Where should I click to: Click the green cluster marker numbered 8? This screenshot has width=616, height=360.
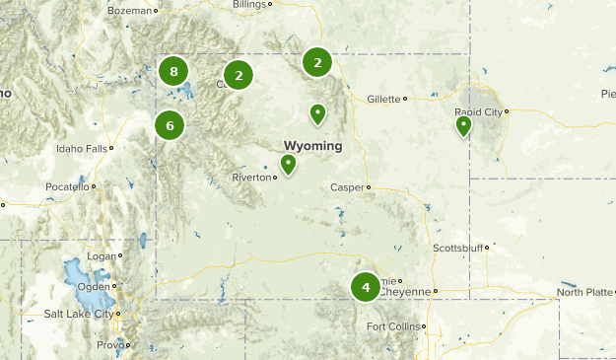point(173,71)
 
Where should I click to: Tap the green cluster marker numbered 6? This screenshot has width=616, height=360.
point(170,125)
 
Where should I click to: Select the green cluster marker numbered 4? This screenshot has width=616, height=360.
point(366,287)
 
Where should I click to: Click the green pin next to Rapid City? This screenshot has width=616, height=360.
point(463,125)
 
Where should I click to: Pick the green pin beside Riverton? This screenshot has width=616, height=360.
point(288,164)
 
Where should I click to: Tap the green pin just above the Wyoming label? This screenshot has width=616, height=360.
point(317,113)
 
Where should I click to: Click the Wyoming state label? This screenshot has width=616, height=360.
point(313,146)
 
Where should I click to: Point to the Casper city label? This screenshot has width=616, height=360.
point(347,186)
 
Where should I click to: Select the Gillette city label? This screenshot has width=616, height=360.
point(383,99)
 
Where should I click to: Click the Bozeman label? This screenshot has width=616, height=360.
point(131,11)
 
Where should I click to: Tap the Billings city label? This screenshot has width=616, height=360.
point(248,4)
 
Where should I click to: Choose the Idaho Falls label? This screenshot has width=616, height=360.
point(82,149)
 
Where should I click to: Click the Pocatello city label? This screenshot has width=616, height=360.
point(67,186)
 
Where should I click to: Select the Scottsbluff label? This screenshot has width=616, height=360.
point(454,248)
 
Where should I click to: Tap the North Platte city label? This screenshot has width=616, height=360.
point(584,292)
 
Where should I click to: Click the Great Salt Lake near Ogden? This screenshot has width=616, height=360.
point(74,275)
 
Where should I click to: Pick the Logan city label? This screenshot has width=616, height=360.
point(102,255)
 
